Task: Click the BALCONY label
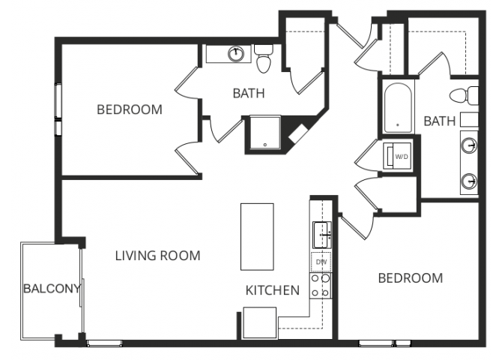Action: coord(50,289)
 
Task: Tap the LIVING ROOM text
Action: coord(157,256)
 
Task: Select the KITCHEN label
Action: coord(273,290)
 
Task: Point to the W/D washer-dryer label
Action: coord(401,157)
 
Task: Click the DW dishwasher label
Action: coord(321,262)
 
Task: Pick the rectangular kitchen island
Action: coord(257,236)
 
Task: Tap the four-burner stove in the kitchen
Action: coord(321,286)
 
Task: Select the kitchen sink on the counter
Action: coord(322,235)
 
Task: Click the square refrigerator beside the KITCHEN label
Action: coord(260,324)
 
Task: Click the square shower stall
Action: coord(263,133)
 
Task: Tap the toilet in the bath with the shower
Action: coord(263,58)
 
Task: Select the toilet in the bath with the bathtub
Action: coord(469,96)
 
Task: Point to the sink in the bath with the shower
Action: coord(235,53)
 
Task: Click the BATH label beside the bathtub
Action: coord(440,121)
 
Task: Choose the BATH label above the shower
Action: coord(249,94)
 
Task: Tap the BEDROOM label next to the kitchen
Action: coord(410,278)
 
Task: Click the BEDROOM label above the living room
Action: coord(130,109)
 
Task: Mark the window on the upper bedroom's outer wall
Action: coord(58,109)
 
